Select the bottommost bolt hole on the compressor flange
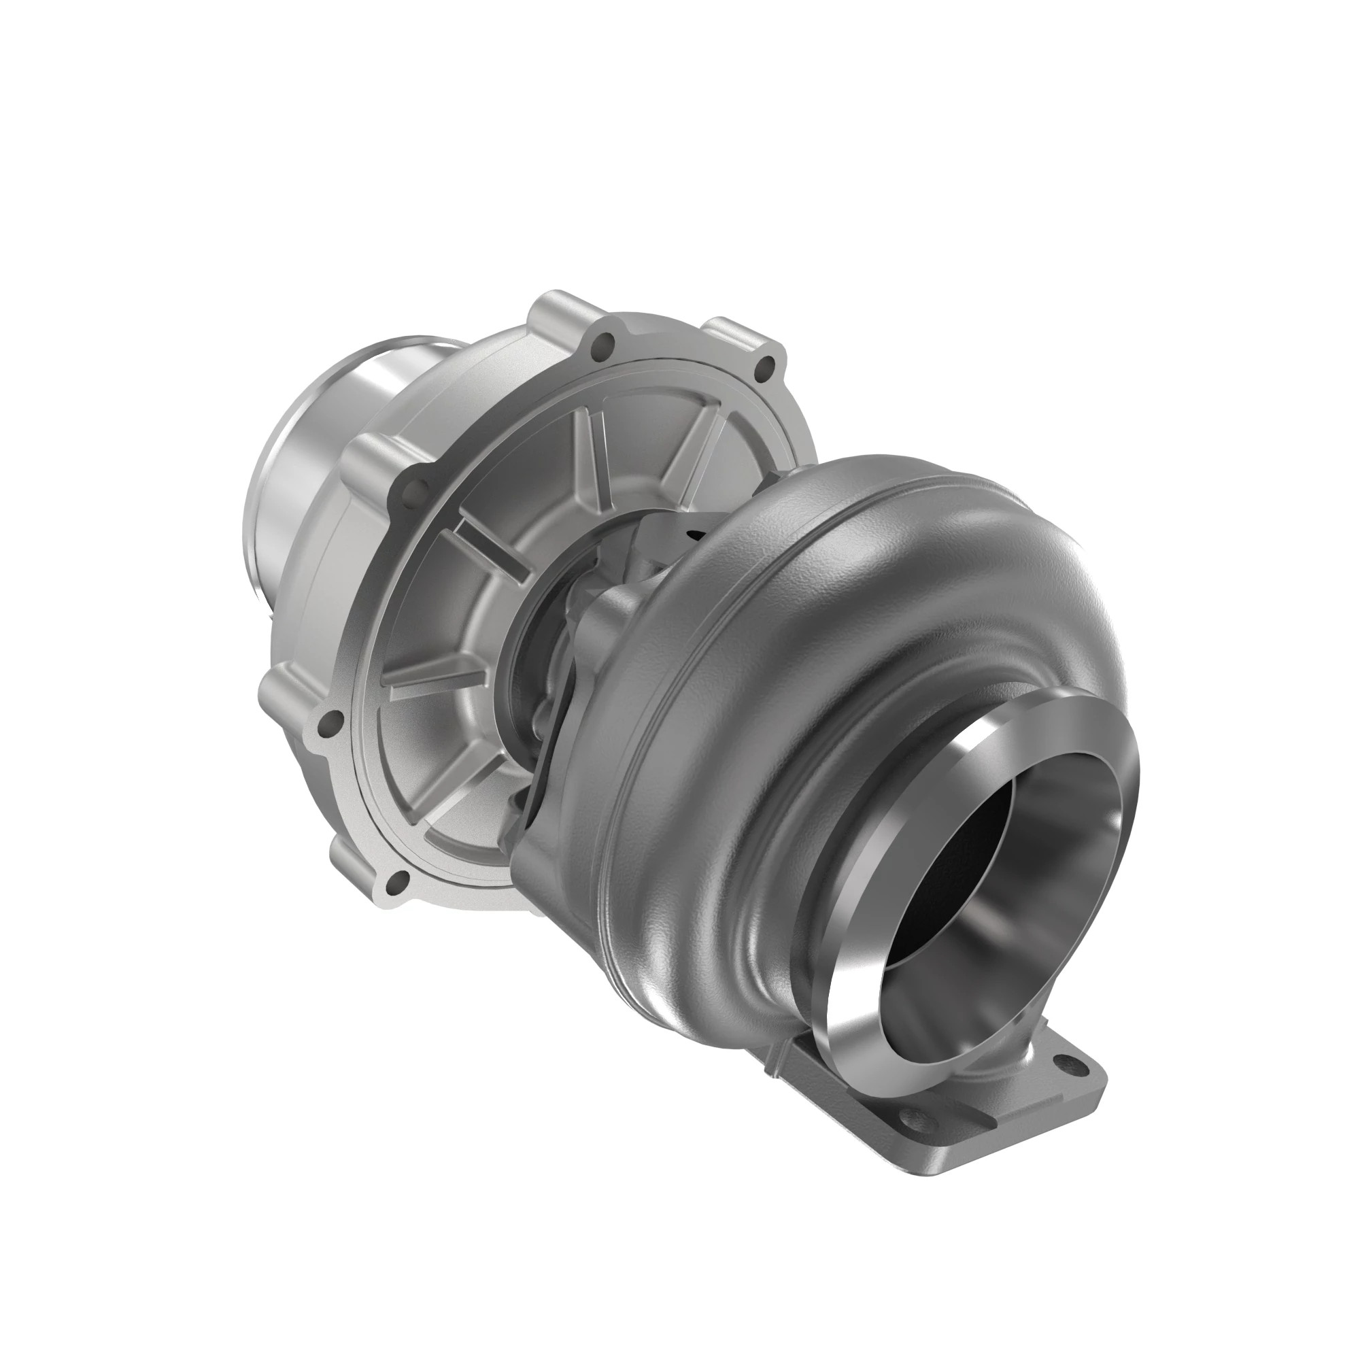(398, 879)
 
